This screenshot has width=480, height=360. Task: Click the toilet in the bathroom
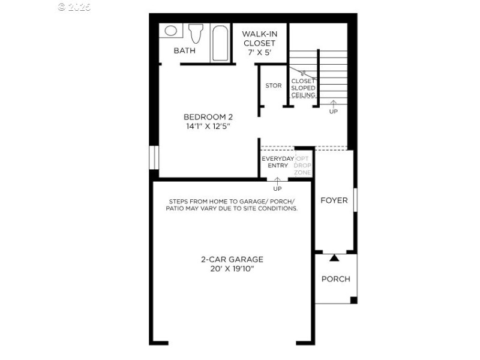pos(196,34)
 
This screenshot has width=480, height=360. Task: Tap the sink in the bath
pos(170,31)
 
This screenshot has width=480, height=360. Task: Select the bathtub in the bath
pos(220,43)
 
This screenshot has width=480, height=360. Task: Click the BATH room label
pos(184,51)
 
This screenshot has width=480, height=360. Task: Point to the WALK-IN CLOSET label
pos(259,38)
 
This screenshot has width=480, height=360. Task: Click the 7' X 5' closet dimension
pos(259,53)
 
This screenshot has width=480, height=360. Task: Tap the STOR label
pos(273,86)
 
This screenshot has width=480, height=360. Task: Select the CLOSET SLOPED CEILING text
pos(303,88)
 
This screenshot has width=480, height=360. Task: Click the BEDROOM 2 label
pos(208,116)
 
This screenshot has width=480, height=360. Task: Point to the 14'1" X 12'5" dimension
pos(208,127)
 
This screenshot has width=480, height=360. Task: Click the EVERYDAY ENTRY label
pos(278,162)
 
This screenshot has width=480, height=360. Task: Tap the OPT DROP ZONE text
pos(302,166)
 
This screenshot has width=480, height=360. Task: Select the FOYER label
pos(334,200)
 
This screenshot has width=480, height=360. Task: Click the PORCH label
pos(335,279)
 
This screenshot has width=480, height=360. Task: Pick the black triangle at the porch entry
pos(334,258)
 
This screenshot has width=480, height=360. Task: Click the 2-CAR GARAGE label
pos(232,259)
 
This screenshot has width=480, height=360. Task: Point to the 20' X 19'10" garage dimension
pos(232,269)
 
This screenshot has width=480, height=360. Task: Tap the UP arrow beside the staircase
pos(333,106)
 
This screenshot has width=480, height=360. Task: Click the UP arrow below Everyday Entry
pos(277,183)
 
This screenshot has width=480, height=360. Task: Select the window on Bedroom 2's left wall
pos(154,157)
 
